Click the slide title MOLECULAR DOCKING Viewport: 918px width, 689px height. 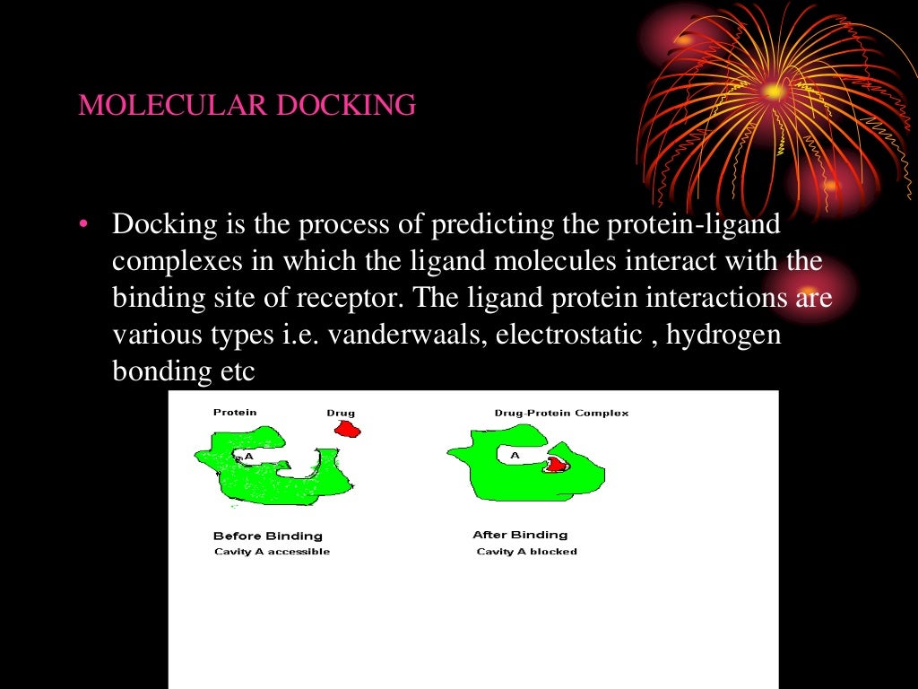247,106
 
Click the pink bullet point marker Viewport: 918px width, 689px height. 83,225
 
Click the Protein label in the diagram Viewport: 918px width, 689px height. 235,413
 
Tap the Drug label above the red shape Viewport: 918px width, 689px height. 341,414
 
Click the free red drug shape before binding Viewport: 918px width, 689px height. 347,430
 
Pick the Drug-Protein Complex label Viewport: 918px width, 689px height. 561,414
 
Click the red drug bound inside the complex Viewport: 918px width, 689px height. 557,464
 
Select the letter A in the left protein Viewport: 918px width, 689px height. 249,456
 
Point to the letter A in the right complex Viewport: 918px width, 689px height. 515,455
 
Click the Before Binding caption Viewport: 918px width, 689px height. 267,536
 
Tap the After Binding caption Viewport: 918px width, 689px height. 520,535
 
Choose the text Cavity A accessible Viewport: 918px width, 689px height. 272,552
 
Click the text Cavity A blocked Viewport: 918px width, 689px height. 526,552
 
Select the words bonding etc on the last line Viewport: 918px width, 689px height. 184,371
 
